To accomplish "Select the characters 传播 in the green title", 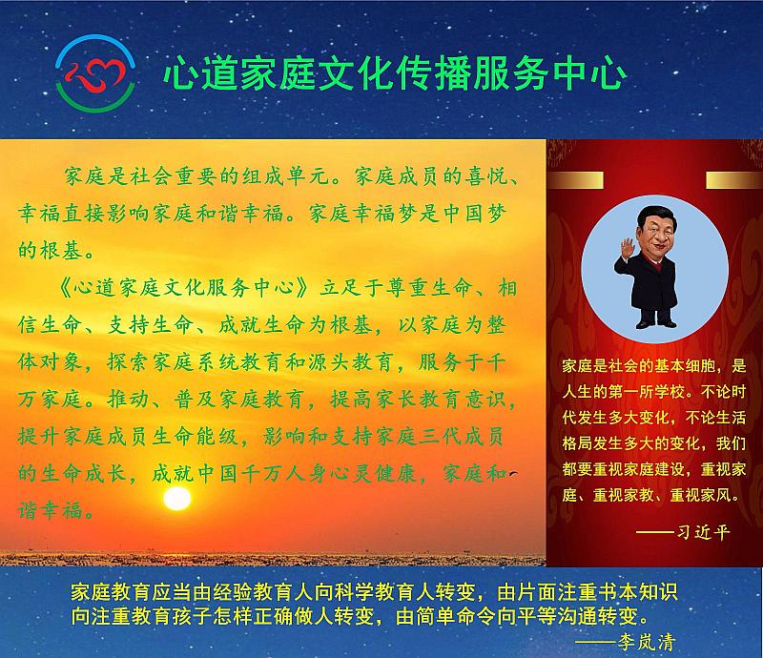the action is [433, 74].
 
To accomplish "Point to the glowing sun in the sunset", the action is [176, 499].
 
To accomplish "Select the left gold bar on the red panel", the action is [575, 179].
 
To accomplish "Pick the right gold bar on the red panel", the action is [734, 179].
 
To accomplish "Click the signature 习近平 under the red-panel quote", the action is [704, 532].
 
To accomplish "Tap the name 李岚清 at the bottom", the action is [647, 643].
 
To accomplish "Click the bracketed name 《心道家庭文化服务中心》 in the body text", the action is [183, 288].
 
